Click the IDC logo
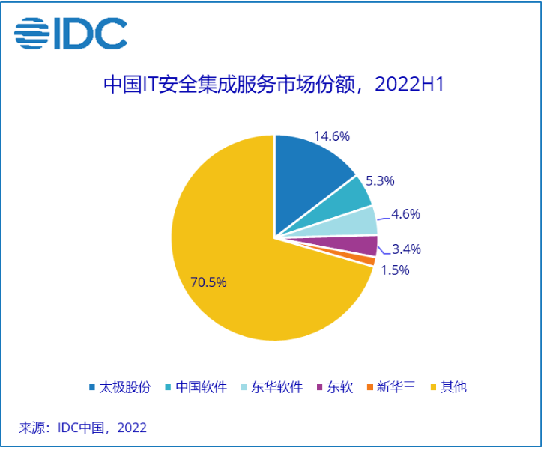71,33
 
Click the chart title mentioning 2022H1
273,84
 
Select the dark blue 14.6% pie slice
308,180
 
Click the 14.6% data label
332,136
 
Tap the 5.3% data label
379,180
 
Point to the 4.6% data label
405,214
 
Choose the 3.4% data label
406,249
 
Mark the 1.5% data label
394,270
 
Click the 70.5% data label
209,282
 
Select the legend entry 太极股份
120,387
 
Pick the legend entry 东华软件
271,387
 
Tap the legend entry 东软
334,387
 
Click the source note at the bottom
82,428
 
